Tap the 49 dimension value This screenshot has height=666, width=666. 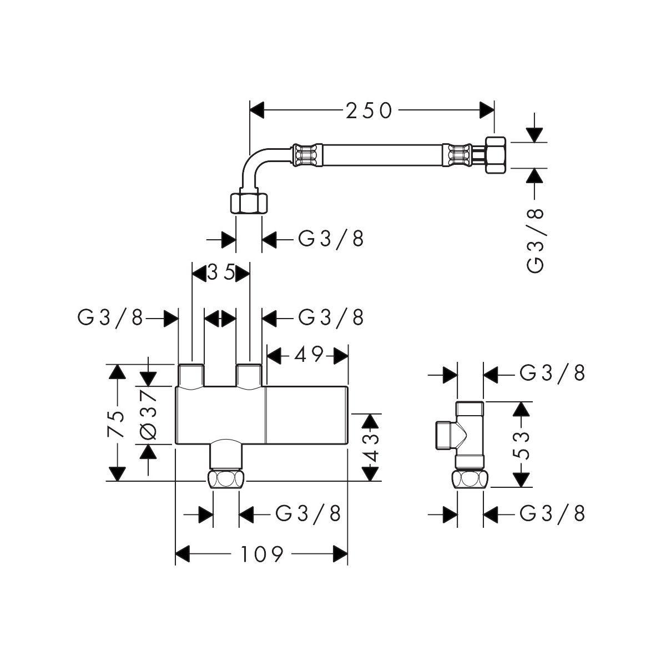pyautogui.click(x=309, y=355)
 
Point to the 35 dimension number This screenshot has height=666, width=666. pyautogui.click(x=221, y=273)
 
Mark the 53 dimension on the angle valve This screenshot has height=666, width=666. pyautogui.click(x=522, y=444)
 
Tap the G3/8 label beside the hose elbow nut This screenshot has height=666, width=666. pyautogui.click(x=331, y=239)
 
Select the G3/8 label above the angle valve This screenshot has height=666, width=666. pyautogui.click(x=553, y=374)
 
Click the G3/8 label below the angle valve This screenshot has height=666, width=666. pyautogui.click(x=553, y=514)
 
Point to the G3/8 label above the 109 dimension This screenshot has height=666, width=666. pyautogui.click(x=308, y=514)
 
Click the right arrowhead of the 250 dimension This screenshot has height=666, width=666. pyautogui.click(x=487, y=110)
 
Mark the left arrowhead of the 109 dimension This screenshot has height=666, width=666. pyautogui.click(x=183, y=553)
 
